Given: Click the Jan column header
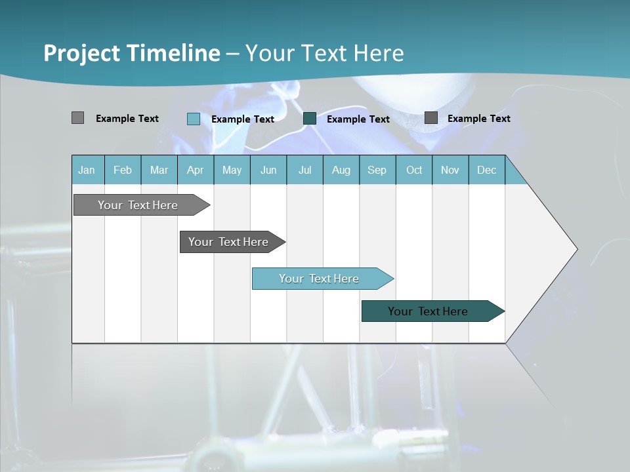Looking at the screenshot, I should [87, 170].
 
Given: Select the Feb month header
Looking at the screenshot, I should [123, 170].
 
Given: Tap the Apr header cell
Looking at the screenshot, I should [195, 170].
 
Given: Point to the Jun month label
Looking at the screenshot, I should [268, 170].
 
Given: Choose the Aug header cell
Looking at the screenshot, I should [341, 170].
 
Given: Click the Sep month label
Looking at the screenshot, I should [377, 170].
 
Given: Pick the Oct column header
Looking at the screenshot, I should [414, 170].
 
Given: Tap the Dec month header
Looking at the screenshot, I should [486, 170].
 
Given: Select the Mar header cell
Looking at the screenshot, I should [159, 170].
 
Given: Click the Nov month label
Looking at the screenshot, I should [450, 170].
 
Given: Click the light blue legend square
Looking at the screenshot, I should [194, 119].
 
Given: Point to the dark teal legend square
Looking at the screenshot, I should [310, 119].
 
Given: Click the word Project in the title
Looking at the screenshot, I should [82, 53].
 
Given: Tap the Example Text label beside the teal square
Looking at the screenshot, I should [358, 119].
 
